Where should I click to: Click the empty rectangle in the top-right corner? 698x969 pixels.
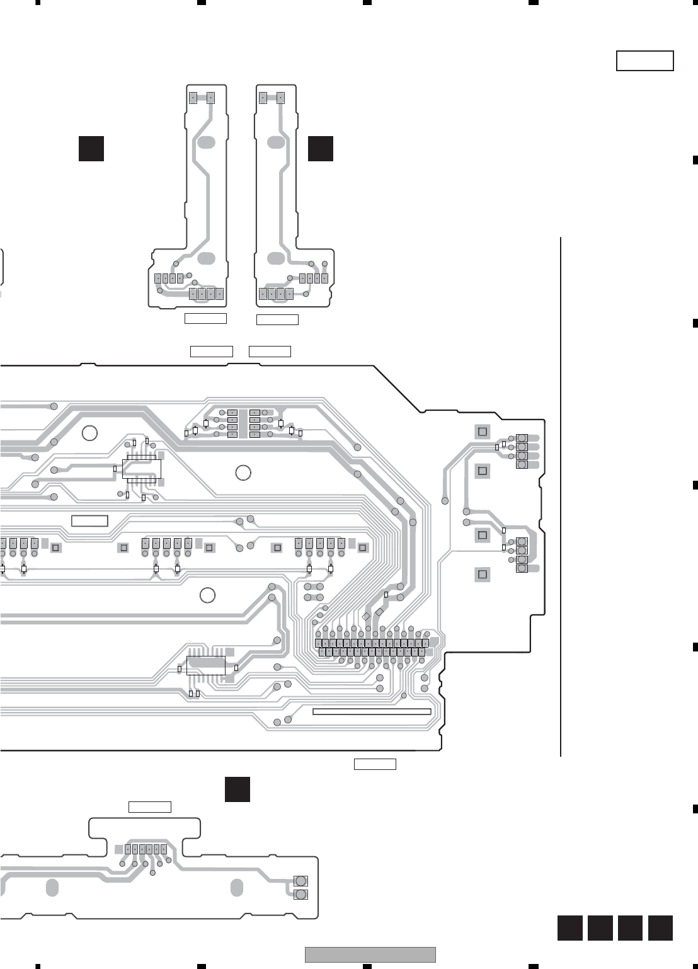tap(644, 61)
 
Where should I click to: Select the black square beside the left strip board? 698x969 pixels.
tap(91, 148)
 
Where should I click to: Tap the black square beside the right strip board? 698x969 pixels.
tap(321, 148)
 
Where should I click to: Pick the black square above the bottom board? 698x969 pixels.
tap(237, 789)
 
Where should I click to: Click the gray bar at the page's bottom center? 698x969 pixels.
tap(370, 955)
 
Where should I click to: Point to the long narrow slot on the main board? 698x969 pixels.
tap(372, 712)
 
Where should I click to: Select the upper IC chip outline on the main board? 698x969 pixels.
tap(142, 469)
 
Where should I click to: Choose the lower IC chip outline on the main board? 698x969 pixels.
tap(206, 665)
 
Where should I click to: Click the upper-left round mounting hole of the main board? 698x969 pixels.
tap(89, 433)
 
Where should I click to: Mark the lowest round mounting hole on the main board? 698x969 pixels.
tap(207, 594)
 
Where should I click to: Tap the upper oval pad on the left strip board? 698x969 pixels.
tap(206, 142)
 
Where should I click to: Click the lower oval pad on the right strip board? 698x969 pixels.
tap(276, 258)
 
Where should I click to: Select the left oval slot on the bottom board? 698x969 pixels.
tap(52, 888)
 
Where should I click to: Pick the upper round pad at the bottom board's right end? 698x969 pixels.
tap(300, 881)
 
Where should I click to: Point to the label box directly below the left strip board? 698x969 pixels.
tap(205, 318)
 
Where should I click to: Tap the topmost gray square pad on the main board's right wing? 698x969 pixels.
tap(483, 432)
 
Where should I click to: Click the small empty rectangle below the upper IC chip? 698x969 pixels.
tap(89, 521)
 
